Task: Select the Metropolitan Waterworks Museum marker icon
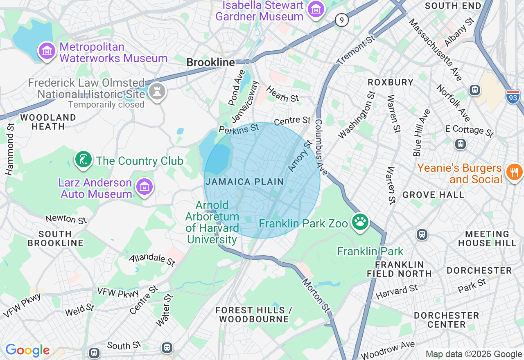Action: (x=47, y=51)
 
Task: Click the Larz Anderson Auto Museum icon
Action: (x=144, y=187)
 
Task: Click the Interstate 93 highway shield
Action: (x=513, y=97)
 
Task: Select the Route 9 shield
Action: (x=341, y=20)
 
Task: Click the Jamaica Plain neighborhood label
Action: (x=245, y=182)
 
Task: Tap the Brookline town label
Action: (x=210, y=63)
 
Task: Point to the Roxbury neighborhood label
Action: (x=391, y=82)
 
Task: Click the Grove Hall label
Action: (x=433, y=195)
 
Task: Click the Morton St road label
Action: (x=316, y=295)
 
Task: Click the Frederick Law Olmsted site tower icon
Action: (x=157, y=92)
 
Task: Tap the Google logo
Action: (x=27, y=350)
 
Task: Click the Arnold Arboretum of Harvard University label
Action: (x=212, y=222)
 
